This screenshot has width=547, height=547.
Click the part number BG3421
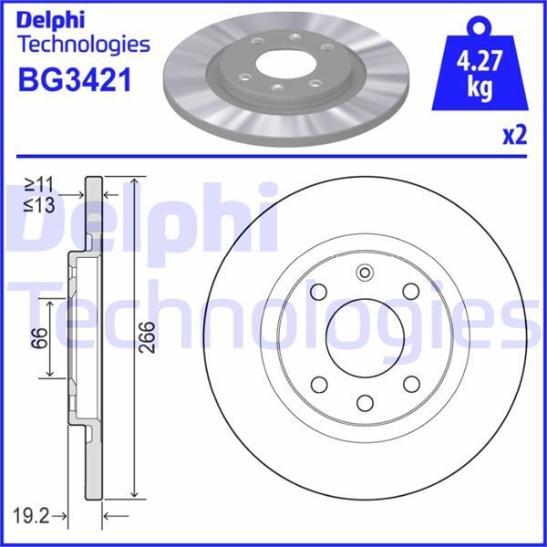pos(75,81)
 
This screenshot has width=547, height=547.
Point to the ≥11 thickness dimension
pos(40,186)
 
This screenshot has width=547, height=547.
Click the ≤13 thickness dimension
pos(40,206)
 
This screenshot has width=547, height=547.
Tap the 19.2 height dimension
pos(32,517)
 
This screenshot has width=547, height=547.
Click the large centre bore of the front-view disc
pos(365,337)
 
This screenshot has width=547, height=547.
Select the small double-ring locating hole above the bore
pos(365,273)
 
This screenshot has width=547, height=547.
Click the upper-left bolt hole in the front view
pos(319,291)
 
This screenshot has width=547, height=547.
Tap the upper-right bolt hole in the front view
pos(411,291)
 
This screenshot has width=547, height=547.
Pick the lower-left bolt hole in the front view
pos(319,384)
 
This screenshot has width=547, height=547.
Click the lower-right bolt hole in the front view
pos(411,384)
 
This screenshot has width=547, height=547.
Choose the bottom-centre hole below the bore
pos(365,402)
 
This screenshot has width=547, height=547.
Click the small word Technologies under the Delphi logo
pos(83,44)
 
